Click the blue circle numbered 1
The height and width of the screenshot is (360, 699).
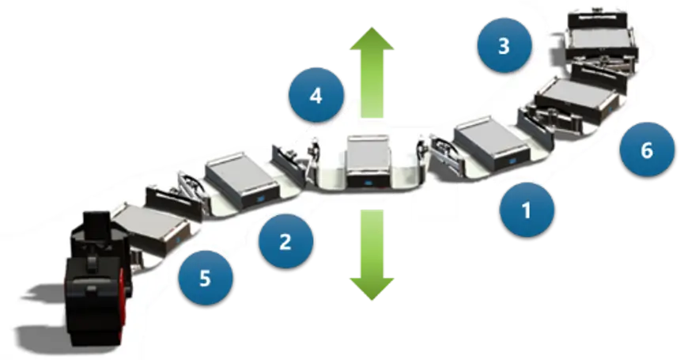pos(527,209)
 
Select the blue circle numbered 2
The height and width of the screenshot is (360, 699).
pos(285,241)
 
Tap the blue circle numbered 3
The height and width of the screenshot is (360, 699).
pos(504,45)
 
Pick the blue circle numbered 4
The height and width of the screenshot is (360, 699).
pos(316,95)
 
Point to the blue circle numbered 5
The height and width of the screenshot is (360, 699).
pos(206,278)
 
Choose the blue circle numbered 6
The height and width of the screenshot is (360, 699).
pos(648,150)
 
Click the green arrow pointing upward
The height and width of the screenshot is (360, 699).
pos(372,72)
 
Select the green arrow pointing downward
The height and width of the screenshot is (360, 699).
pos(372,255)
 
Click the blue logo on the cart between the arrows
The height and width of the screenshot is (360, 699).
pos(368,181)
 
